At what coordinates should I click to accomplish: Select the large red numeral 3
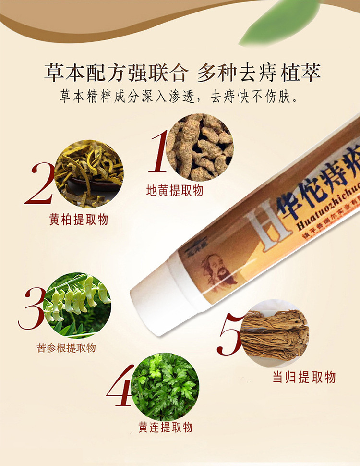(31, 308)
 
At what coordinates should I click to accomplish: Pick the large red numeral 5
(229, 334)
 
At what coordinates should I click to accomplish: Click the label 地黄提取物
(175, 191)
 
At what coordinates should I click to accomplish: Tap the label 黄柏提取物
(78, 220)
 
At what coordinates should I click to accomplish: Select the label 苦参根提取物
(66, 348)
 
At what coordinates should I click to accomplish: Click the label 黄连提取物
(166, 427)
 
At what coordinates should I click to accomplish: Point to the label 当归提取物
(304, 377)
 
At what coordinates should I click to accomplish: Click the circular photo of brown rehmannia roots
(200, 147)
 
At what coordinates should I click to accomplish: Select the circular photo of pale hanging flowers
(77, 306)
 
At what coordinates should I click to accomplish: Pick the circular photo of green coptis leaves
(165, 386)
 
